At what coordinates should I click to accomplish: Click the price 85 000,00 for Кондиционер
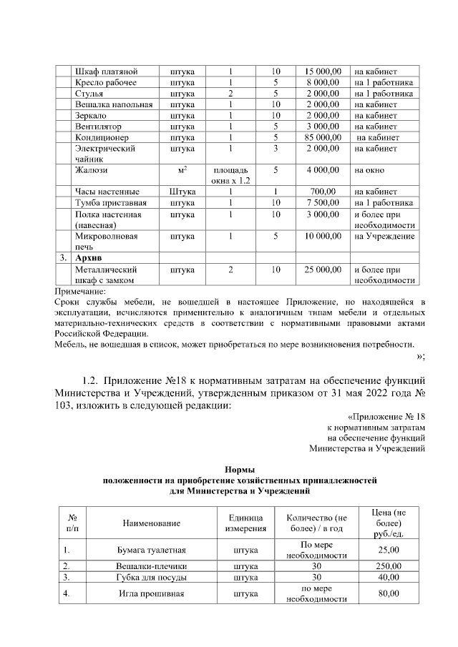point(322,137)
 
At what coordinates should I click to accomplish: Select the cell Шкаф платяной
point(106,71)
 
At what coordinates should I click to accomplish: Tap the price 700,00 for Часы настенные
point(323,192)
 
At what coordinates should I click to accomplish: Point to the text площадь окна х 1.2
point(230,175)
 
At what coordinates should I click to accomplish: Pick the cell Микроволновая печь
point(106,241)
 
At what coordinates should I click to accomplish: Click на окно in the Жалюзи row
point(369,170)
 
